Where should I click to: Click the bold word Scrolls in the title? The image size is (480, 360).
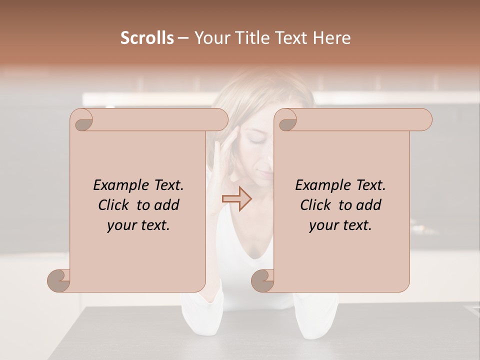147,38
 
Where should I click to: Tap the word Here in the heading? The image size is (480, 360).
331,38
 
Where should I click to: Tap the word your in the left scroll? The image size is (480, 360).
121,225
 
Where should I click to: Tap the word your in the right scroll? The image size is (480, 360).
323,225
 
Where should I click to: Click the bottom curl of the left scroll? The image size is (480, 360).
59,280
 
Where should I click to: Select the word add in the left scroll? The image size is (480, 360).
167,205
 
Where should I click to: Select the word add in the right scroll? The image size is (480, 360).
369,205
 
